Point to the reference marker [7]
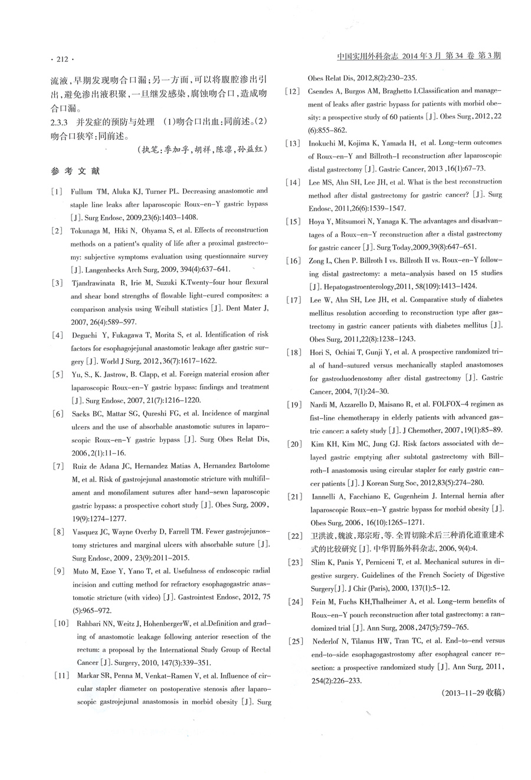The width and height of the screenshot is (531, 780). pyautogui.click(x=57, y=466)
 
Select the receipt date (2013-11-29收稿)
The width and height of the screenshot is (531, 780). pyautogui.click(x=472, y=693)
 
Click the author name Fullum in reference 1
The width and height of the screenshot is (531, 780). pyautogui.click(x=83, y=192)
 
